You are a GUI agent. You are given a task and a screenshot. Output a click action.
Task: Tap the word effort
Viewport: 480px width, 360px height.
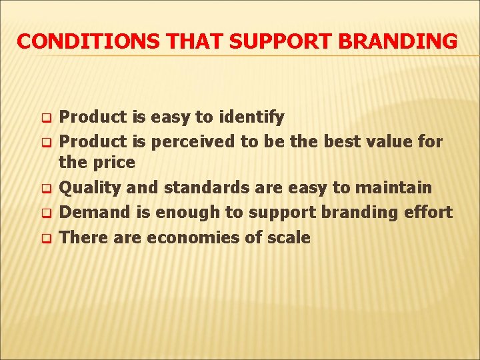tap(428, 213)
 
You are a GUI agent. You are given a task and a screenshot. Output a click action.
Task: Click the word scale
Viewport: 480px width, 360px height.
tap(287, 237)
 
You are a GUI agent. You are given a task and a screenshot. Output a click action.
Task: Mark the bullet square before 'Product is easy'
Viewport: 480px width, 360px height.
tap(46, 119)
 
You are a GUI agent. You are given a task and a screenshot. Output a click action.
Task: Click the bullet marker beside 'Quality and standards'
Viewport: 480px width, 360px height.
tap(46, 189)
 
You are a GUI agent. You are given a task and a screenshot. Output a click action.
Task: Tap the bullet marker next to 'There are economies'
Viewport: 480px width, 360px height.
tap(46, 239)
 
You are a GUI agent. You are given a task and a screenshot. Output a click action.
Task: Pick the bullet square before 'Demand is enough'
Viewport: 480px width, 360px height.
tap(46, 214)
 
